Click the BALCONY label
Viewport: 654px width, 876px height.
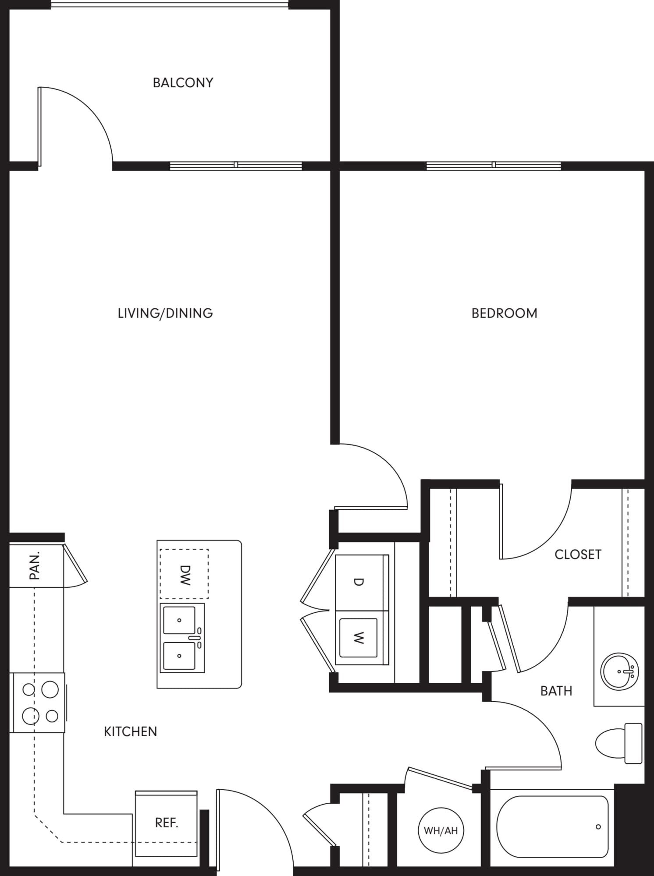(x=183, y=83)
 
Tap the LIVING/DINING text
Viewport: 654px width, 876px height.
(x=165, y=313)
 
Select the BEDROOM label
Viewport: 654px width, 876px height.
(x=504, y=313)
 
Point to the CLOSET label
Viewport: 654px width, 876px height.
(x=578, y=555)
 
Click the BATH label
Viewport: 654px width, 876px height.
(x=556, y=691)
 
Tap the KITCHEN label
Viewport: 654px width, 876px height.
(x=130, y=731)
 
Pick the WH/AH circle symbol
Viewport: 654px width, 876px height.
(x=441, y=830)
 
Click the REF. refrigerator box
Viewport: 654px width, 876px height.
(x=166, y=824)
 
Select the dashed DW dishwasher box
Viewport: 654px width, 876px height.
(x=184, y=574)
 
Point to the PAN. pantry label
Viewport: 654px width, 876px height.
(x=35, y=565)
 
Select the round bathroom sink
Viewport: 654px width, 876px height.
(x=619, y=671)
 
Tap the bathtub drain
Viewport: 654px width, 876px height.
(x=598, y=827)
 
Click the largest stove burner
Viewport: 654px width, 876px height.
(x=50, y=690)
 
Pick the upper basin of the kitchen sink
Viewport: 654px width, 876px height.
(x=179, y=620)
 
